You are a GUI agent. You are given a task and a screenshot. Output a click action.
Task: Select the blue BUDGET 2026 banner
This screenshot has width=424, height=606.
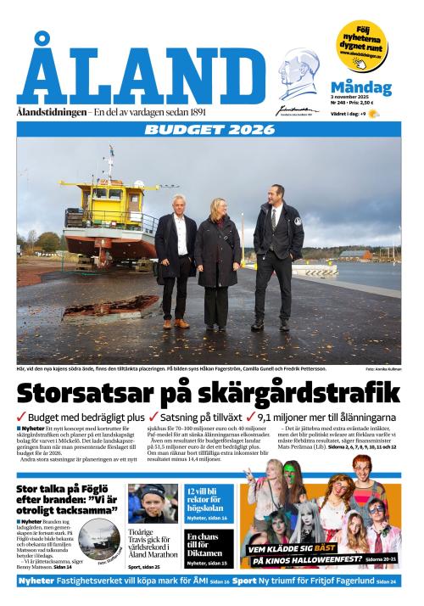(x=209, y=130)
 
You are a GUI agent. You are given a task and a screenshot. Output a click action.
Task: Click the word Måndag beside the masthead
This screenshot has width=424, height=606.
(x=360, y=87)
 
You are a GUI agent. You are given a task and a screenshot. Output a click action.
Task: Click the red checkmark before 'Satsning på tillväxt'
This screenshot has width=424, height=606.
(x=153, y=417)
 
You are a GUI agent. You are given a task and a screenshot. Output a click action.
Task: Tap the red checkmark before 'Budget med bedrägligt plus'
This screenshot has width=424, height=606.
(x=22, y=417)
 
